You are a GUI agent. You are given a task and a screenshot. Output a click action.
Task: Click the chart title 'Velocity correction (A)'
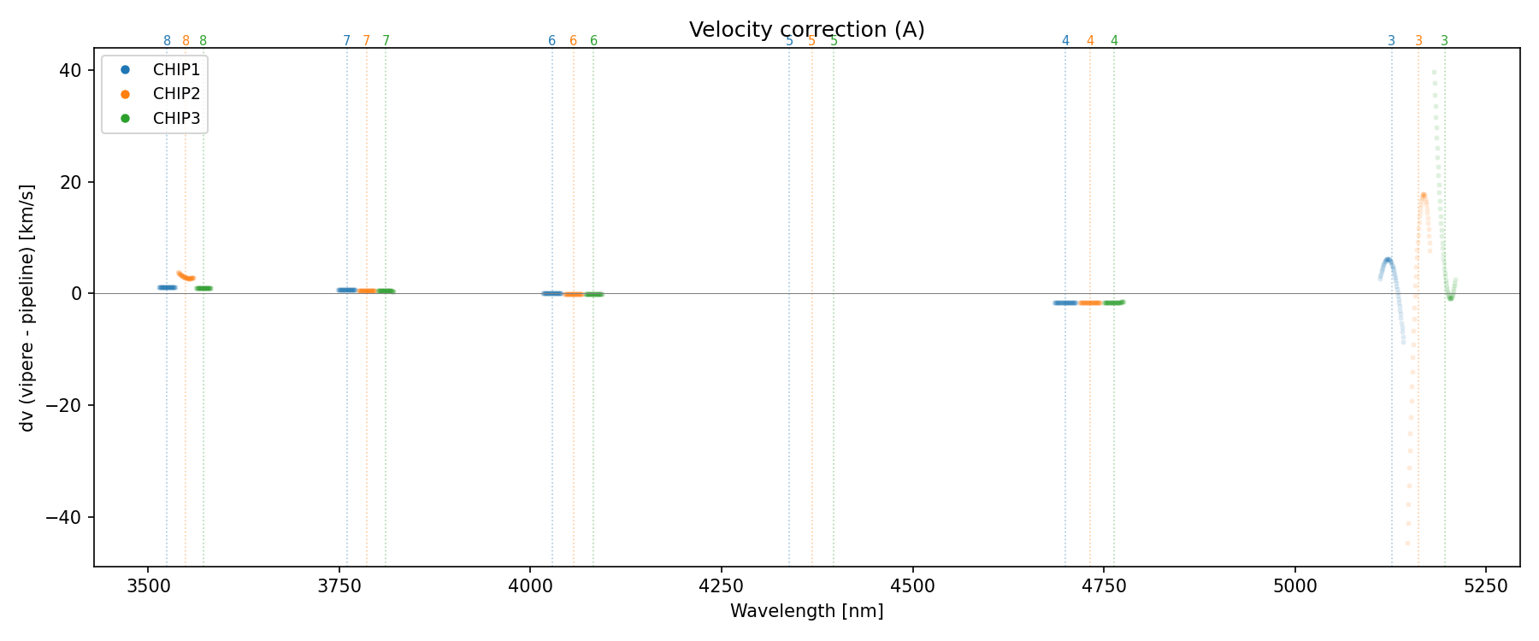click(x=806, y=30)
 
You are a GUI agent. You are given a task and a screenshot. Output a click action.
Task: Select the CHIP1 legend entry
click(x=176, y=70)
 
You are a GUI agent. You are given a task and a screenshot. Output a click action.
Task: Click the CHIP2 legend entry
click(x=176, y=94)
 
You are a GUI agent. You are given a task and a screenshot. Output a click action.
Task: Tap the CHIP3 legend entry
click(x=176, y=119)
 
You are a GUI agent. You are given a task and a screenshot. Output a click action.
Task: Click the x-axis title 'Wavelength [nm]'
click(x=806, y=611)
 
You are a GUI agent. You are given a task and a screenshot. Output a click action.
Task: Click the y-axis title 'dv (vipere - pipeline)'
click(x=27, y=308)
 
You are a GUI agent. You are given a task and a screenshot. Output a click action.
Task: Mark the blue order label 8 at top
click(x=167, y=41)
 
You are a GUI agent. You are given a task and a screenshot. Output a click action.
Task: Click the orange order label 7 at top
click(x=367, y=41)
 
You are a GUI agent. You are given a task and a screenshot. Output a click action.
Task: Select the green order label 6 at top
click(x=593, y=41)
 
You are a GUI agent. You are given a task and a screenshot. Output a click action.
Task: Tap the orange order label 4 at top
click(x=1090, y=41)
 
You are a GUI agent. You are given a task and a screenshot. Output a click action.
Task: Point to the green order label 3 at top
click(x=1445, y=41)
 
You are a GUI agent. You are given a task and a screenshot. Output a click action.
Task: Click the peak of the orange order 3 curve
click(x=1424, y=195)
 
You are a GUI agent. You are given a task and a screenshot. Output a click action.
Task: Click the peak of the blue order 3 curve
click(x=1388, y=259)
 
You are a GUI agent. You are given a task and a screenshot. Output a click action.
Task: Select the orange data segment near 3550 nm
click(x=186, y=276)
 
